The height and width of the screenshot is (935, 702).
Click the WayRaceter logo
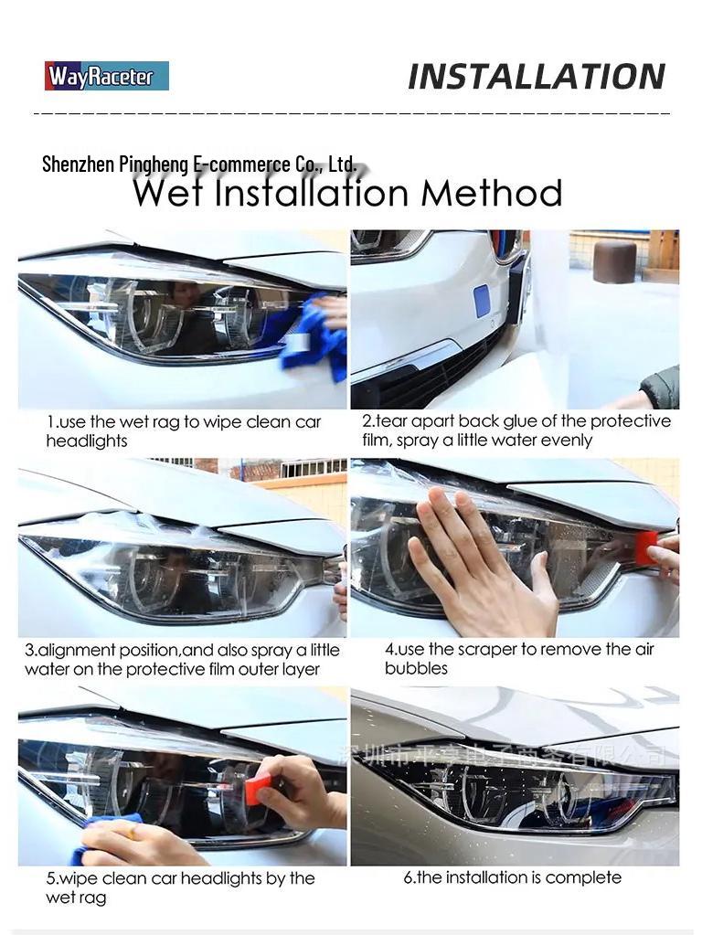point(107,76)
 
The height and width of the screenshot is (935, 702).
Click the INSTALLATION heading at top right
point(536,77)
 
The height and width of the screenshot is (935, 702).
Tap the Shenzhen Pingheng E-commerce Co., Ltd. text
point(199,165)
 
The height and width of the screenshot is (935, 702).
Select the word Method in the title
point(491,194)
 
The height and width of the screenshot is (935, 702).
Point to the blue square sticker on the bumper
point(482,301)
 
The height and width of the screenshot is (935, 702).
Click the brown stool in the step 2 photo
point(614,261)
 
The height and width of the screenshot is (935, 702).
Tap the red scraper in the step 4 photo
point(646,547)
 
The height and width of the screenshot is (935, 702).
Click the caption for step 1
point(184,431)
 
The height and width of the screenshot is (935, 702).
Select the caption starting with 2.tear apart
point(516,430)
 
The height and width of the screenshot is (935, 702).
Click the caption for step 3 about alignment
point(182,660)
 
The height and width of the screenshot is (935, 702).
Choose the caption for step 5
point(180,887)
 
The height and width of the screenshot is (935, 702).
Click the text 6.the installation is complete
point(512,877)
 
